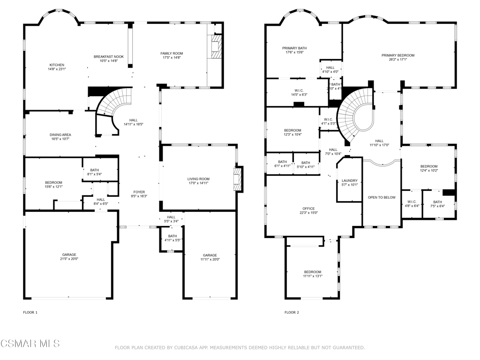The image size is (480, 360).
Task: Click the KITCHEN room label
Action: (x=57, y=65)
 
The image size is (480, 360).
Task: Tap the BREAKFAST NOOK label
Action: (x=108, y=56)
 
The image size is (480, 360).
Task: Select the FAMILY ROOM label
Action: (x=172, y=53)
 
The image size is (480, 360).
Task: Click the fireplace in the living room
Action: (x=239, y=179)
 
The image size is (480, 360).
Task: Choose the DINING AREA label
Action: (x=60, y=135)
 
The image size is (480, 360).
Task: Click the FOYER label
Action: (x=139, y=192)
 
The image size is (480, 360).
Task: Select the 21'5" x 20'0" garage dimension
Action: (x=68, y=259)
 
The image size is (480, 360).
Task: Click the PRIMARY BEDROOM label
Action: (x=397, y=55)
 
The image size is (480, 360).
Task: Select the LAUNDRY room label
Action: (x=350, y=180)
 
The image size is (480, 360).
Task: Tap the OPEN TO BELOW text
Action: (x=382, y=197)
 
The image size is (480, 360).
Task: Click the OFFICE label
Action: (x=308, y=209)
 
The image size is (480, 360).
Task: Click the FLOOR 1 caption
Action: (x=30, y=312)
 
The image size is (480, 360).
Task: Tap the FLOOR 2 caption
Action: (x=291, y=312)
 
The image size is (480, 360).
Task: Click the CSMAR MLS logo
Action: (x=30, y=344)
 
